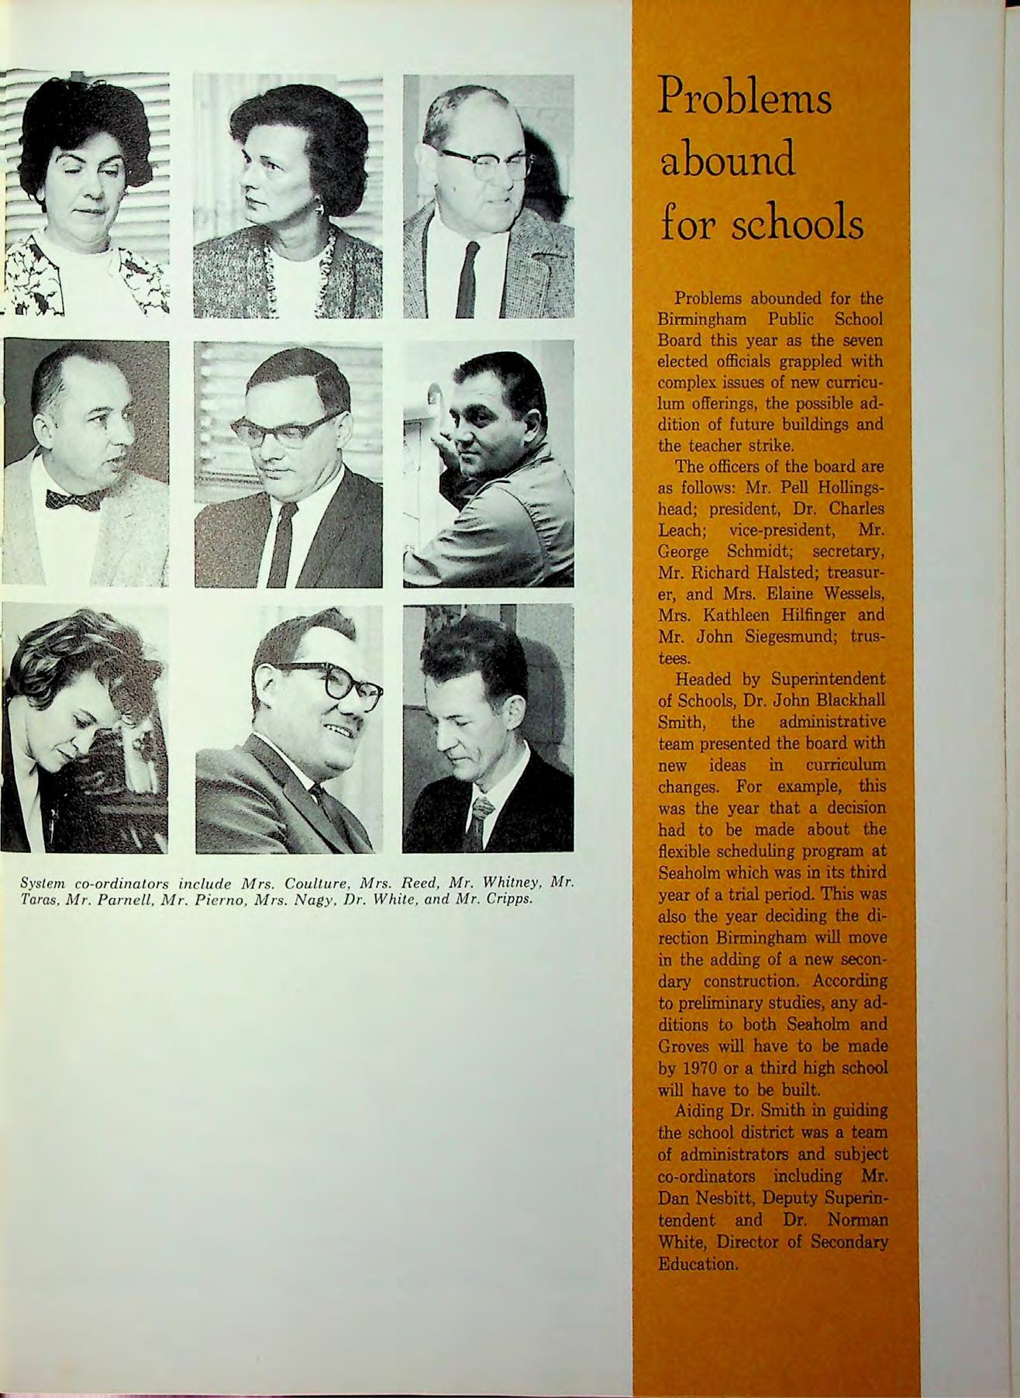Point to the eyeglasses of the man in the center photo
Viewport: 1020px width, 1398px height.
click(x=284, y=429)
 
